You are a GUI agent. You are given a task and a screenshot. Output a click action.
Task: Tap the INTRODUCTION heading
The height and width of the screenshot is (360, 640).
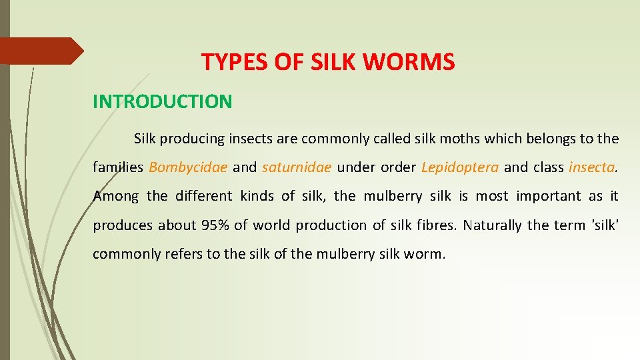[x=162, y=101]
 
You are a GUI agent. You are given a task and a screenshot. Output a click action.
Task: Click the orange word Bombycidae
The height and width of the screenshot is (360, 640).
[x=188, y=167]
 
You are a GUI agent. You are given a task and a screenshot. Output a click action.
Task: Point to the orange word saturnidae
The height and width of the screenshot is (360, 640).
[x=296, y=167]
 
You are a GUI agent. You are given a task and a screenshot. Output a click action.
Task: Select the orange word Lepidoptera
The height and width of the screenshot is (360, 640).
[x=459, y=167]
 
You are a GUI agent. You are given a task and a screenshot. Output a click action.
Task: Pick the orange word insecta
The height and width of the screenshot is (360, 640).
[x=591, y=167]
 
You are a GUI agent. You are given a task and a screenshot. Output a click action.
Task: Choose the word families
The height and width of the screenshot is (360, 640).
[x=117, y=167]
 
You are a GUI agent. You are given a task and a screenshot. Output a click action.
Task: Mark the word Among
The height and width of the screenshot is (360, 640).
[x=116, y=196]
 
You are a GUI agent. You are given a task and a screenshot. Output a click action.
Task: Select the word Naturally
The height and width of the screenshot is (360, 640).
[x=493, y=225]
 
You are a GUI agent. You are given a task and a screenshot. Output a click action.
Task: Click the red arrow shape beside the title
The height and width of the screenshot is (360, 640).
[x=40, y=51]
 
